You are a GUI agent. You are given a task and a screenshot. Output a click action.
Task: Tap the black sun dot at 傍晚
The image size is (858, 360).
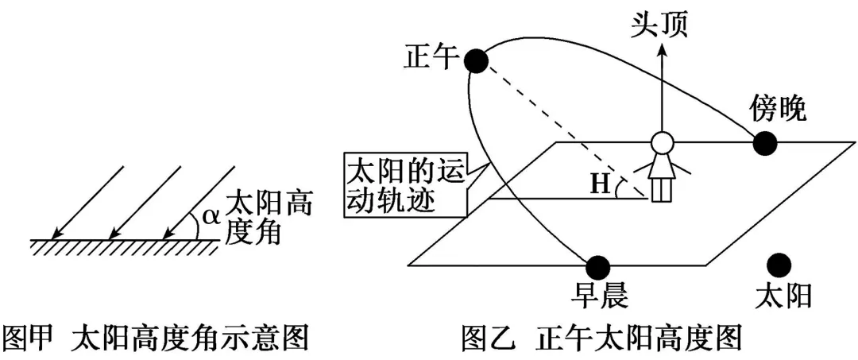click(x=764, y=143)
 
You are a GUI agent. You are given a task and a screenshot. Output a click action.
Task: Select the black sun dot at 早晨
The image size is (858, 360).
click(x=597, y=266)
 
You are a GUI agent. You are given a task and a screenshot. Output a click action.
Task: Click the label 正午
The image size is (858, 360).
click(x=431, y=56)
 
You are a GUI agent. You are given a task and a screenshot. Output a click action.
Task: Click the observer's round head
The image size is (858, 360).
click(x=662, y=143)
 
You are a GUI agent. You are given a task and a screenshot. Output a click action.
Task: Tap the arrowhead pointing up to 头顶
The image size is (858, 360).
click(x=662, y=50)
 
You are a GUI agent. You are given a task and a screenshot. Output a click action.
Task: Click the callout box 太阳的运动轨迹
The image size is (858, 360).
click(x=402, y=186)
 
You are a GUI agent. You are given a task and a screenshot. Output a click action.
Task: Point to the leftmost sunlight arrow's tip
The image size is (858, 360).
click(x=52, y=237)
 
